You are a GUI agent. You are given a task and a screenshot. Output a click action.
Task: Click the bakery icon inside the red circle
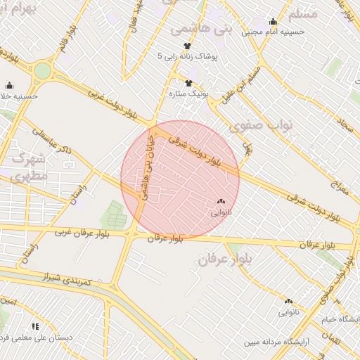221,202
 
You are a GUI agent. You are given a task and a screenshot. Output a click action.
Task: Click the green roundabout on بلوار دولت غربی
42,71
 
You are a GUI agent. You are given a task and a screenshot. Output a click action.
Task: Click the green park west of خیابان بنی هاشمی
112,214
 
